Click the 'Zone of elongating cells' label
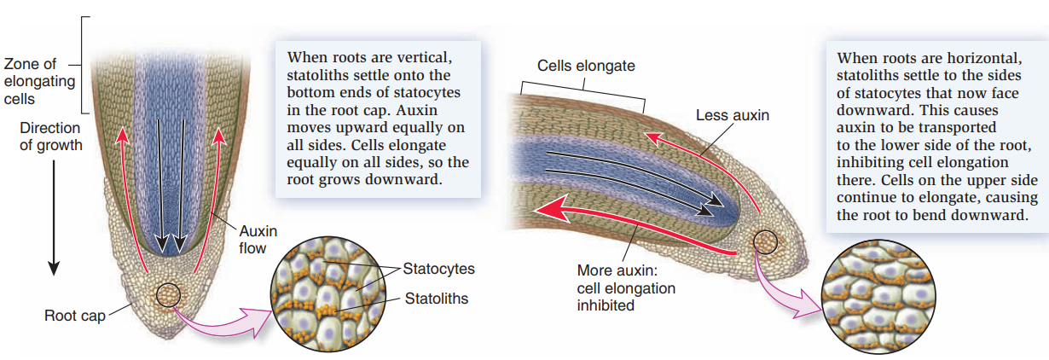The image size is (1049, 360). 38,82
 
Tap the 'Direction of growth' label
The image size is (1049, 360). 51,136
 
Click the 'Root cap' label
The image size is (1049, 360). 74,316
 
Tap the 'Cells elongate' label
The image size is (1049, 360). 586,66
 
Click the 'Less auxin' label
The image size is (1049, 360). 732,114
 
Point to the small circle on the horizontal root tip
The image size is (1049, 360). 766,242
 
